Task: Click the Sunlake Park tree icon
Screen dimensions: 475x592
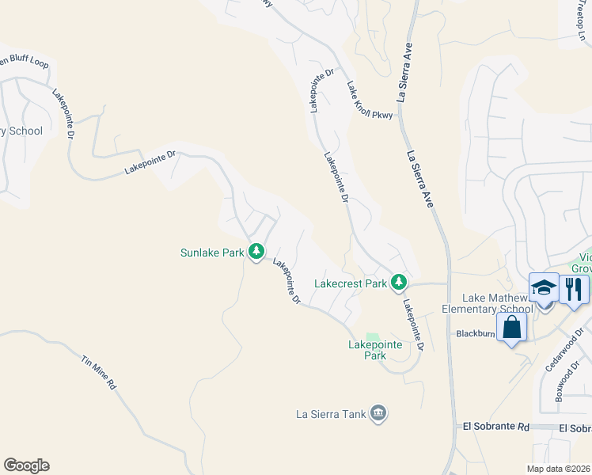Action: (256, 253)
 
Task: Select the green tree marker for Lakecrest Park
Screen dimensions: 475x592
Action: (400, 282)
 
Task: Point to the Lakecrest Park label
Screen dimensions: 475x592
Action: (351, 283)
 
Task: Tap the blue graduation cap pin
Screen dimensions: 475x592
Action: (545, 287)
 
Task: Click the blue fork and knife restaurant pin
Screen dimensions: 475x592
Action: (575, 288)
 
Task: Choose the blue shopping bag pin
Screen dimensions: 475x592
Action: (511, 328)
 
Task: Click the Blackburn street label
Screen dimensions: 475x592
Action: (475, 334)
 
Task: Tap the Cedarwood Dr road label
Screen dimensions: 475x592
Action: (563, 349)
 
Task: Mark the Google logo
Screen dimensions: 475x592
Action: (26, 465)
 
